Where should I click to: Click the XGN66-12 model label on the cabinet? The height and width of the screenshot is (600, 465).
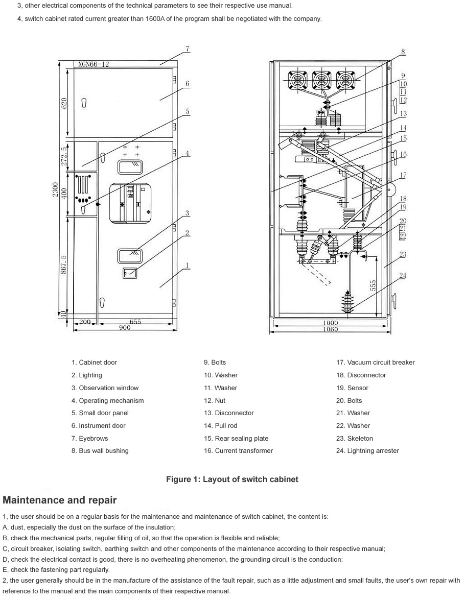pyautogui.click(x=94, y=64)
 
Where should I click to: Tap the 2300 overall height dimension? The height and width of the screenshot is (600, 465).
pyautogui.click(x=55, y=189)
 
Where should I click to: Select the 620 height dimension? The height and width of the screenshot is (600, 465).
pyautogui.click(x=64, y=103)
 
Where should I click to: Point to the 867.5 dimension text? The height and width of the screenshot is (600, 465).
pyautogui.click(x=64, y=265)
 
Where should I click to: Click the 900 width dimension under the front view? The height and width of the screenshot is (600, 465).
pyautogui.click(x=125, y=327)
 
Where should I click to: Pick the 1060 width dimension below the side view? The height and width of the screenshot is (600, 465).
pyautogui.click(x=330, y=329)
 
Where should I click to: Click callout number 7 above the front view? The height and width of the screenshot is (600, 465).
pyautogui.click(x=188, y=49)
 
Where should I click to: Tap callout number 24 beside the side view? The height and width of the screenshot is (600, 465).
pyautogui.click(x=403, y=276)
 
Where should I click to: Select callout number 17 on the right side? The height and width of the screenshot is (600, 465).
pyautogui.click(x=403, y=175)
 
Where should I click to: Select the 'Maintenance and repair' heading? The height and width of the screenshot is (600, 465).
pyautogui.click(x=60, y=500)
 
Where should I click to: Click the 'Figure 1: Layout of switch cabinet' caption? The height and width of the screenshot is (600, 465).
pyautogui.click(x=232, y=479)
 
